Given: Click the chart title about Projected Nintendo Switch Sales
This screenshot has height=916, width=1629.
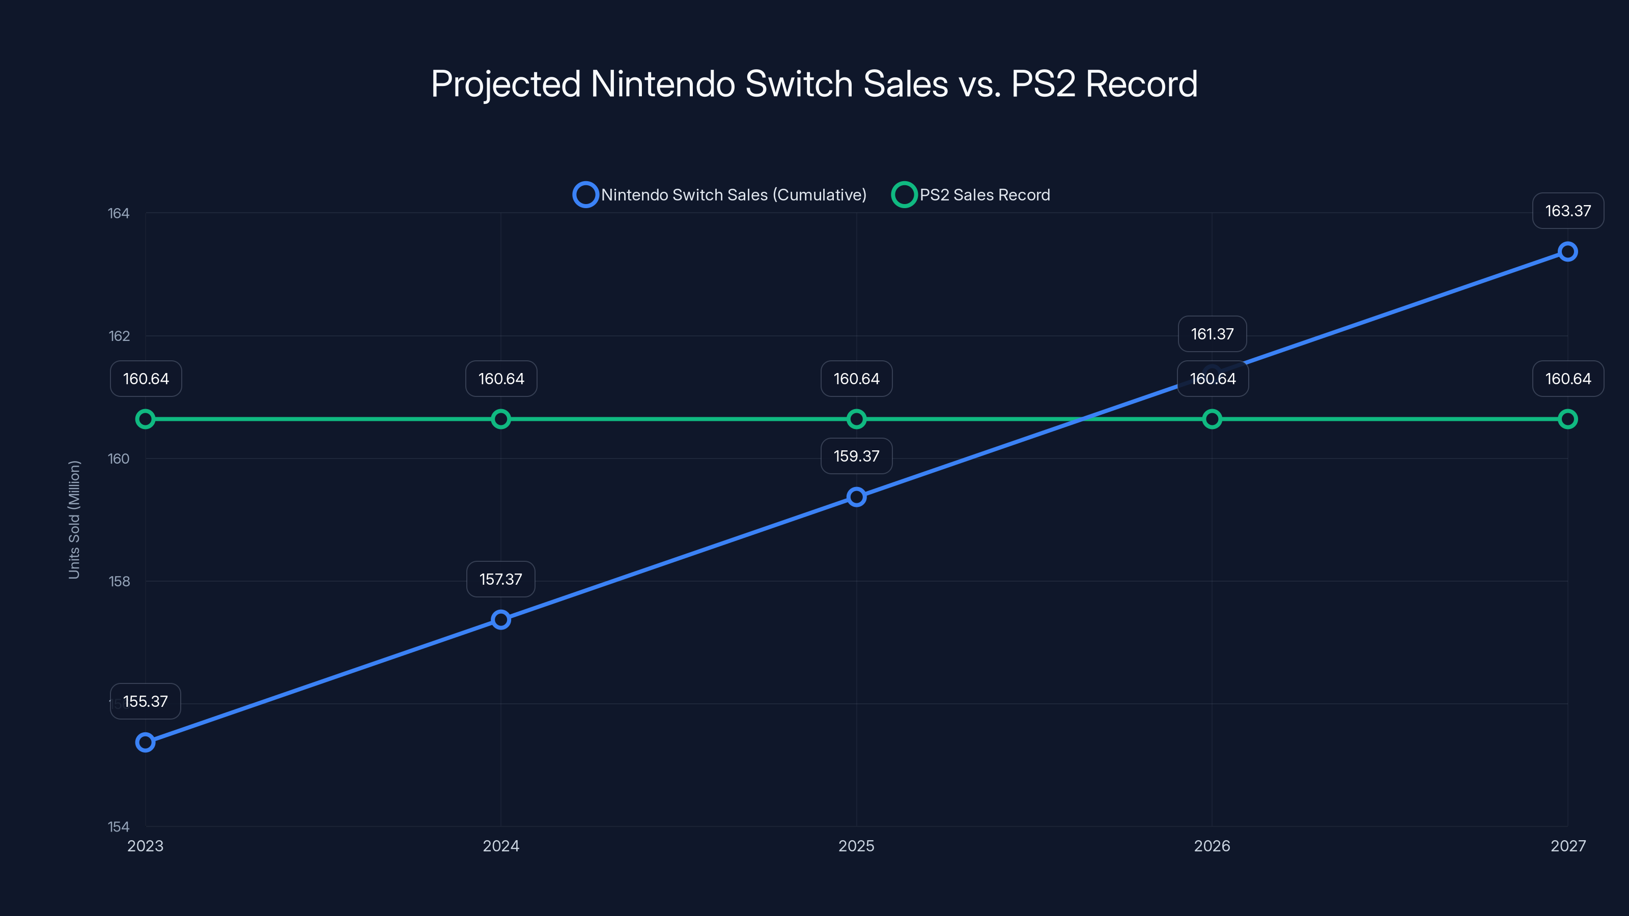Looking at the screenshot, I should (814, 83).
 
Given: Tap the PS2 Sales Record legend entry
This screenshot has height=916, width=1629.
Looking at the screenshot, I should (972, 195).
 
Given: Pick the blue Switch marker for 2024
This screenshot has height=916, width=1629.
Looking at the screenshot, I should (501, 619).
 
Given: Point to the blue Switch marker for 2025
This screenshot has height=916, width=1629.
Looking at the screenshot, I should (856, 497).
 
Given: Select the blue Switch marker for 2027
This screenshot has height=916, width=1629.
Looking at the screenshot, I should (1568, 251).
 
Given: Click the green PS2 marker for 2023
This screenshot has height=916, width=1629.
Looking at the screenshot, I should (146, 419).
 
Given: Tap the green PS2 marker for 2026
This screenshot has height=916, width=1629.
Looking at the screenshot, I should (1212, 419).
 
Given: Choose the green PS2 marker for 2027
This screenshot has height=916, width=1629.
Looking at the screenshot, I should (1568, 419).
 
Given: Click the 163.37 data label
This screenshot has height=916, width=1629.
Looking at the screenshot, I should (1568, 211).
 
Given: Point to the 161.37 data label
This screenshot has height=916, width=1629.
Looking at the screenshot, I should (1212, 334).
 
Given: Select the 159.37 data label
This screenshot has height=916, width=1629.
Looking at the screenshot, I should (856, 456).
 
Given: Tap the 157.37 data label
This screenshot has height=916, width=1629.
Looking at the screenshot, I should (501, 579).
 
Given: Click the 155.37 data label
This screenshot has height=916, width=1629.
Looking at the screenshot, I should (146, 701).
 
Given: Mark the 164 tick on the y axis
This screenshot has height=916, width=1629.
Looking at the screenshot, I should (118, 214).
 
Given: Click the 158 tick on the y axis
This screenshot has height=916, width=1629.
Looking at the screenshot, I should (118, 582).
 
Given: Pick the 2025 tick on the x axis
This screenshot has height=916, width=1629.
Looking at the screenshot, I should (856, 846).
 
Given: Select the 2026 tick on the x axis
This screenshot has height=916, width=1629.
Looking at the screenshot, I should (1212, 846).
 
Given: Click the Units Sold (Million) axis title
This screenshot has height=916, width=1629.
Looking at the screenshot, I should (74, 520).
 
